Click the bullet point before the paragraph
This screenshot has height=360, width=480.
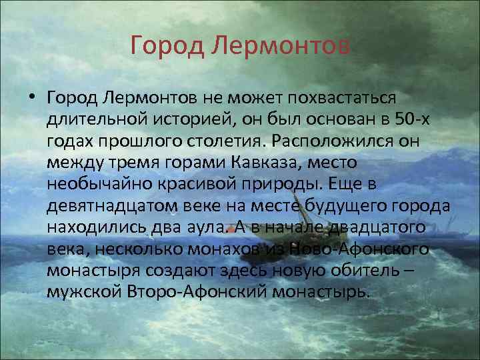pos(32,98)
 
